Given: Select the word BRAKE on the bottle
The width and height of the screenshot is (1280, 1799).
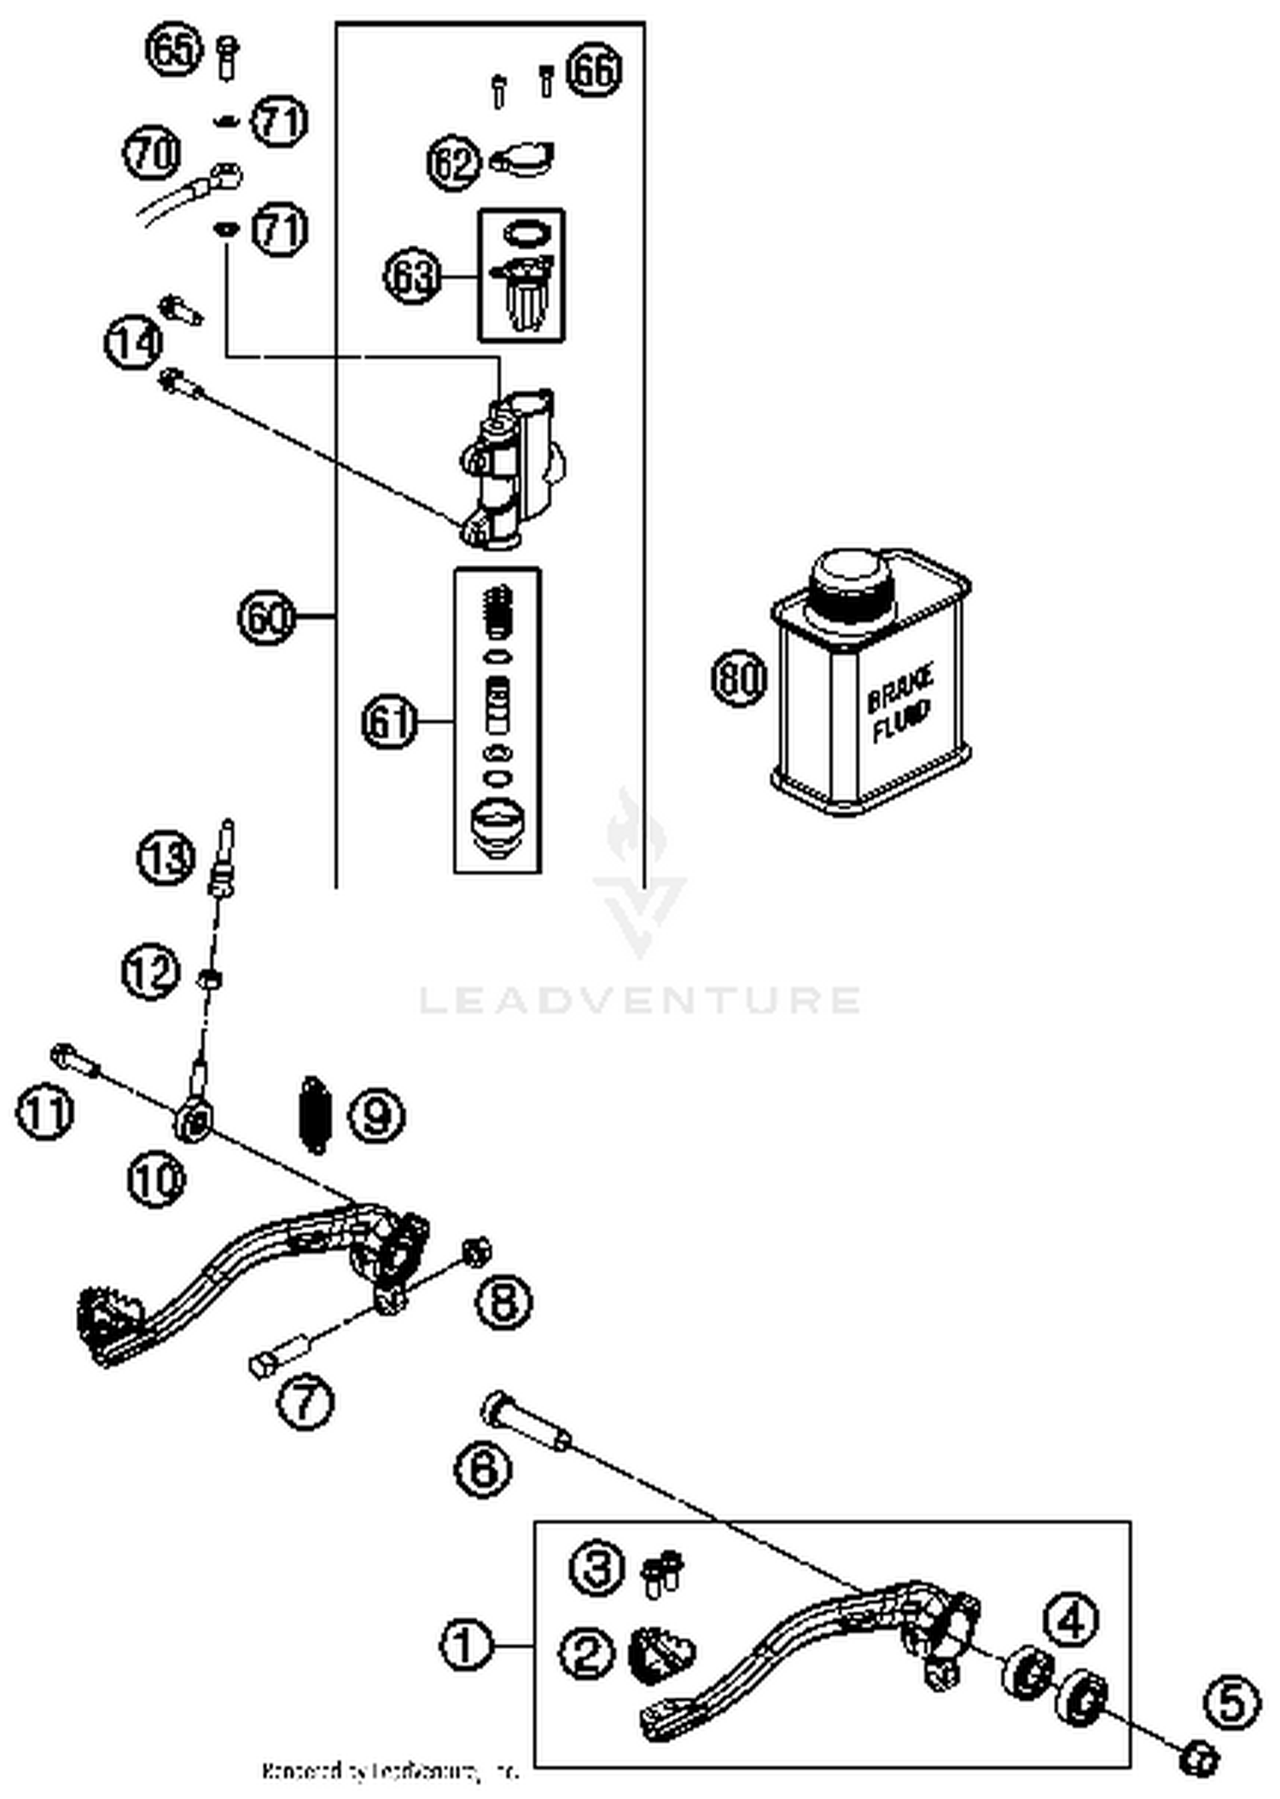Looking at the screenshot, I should (x=899, y=690).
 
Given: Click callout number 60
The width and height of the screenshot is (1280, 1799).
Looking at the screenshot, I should (x=266, y=617).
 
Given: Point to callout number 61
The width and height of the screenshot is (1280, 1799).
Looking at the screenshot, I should (x=390, y=722).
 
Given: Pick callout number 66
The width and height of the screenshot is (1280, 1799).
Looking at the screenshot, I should (x=595, y=69).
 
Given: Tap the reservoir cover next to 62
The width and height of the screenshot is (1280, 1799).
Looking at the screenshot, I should (x=521, y=159).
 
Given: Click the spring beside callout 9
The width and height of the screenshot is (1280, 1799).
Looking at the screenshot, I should (x=315, y=1115).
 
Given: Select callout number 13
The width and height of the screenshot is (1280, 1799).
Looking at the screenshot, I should (x=166, y=857).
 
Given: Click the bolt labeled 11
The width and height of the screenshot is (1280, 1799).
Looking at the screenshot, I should (x=75, y=1062).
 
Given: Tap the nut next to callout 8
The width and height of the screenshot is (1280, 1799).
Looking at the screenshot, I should (x=475, y=1251).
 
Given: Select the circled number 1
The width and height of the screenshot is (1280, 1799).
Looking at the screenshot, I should (x=466, y=1645).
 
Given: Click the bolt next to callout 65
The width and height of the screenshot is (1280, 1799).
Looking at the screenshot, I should (x=227, y=57).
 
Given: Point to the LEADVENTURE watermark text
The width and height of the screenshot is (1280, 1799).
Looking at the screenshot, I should (x=640, y=1000).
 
